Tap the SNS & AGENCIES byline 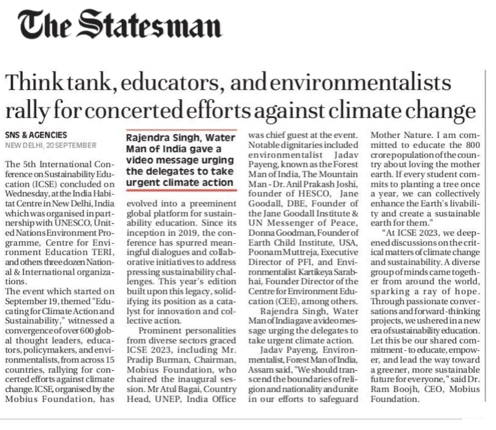pos(36,135)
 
